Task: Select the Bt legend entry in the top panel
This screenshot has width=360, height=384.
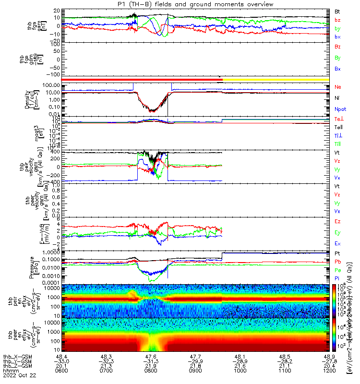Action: [338, 11]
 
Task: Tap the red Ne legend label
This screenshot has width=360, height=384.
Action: [338, 87]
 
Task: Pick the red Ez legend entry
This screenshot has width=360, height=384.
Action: [338, 222]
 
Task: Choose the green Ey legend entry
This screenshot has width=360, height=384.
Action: [338, 232]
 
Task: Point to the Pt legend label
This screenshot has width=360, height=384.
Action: [337, 252]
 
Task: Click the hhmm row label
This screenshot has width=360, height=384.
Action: [10, 371]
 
